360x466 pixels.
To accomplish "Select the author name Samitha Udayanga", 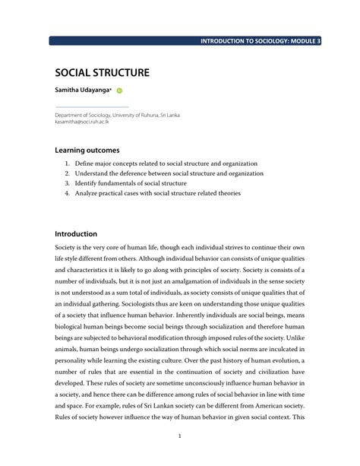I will point(82,90).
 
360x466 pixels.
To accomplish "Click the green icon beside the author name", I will point(119,91).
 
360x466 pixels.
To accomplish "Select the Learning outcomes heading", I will point(87,151).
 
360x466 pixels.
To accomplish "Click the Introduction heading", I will point(76,234).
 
